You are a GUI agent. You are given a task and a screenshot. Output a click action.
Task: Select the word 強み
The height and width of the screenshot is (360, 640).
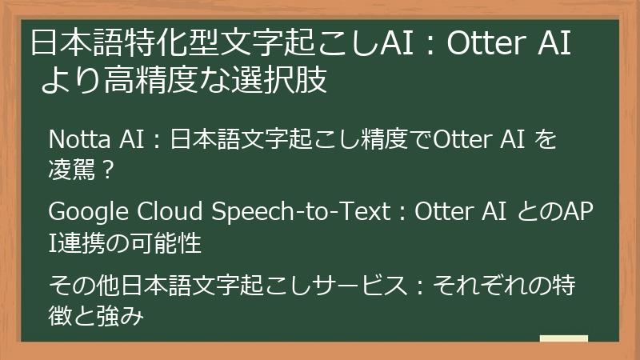130,318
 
